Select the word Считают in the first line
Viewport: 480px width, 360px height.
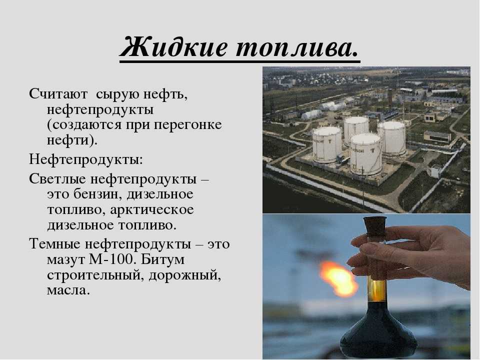[58, 93]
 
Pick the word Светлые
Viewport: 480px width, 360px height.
[57, 179]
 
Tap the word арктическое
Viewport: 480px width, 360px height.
[152, 210]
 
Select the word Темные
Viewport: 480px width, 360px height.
[55, 244]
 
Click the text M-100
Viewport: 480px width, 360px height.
[112, 259]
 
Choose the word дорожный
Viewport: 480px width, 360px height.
[185, 275]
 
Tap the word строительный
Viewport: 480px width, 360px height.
[94, 275]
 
